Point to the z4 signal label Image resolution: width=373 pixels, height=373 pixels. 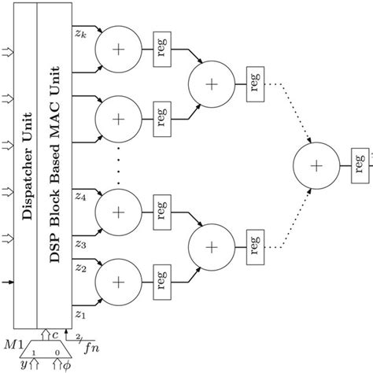coord(80,198)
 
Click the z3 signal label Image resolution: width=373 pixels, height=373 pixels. coord(80,244)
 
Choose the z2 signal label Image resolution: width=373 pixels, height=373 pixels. coord(80,268)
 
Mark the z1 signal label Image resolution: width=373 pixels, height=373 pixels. coord(80,313)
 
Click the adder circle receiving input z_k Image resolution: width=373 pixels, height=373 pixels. coord(117,50)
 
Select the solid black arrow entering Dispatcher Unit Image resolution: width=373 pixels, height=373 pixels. coord(9,282)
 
